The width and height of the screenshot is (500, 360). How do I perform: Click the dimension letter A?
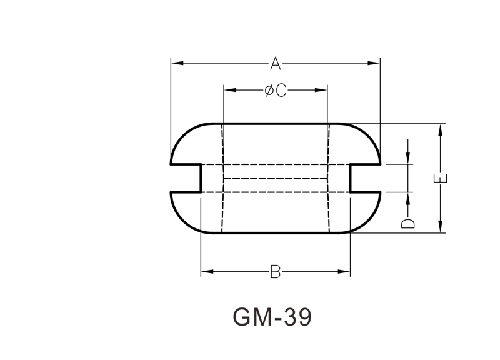[276, 63]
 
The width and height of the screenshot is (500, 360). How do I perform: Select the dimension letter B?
[276, 272]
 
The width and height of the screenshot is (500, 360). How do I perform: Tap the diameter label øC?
[276, 90]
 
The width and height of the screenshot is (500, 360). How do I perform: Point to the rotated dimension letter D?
[408, 224]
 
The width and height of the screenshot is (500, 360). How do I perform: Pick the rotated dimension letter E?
[441, 179]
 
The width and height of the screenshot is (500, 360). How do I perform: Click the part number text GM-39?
[272, 317]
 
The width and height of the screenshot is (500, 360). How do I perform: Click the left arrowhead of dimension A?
[177, 63]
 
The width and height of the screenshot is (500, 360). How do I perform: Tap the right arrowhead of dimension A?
[374, 63]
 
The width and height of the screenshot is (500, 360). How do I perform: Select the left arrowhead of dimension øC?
[230, 90]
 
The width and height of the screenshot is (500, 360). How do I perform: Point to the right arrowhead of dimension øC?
[321, 90]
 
